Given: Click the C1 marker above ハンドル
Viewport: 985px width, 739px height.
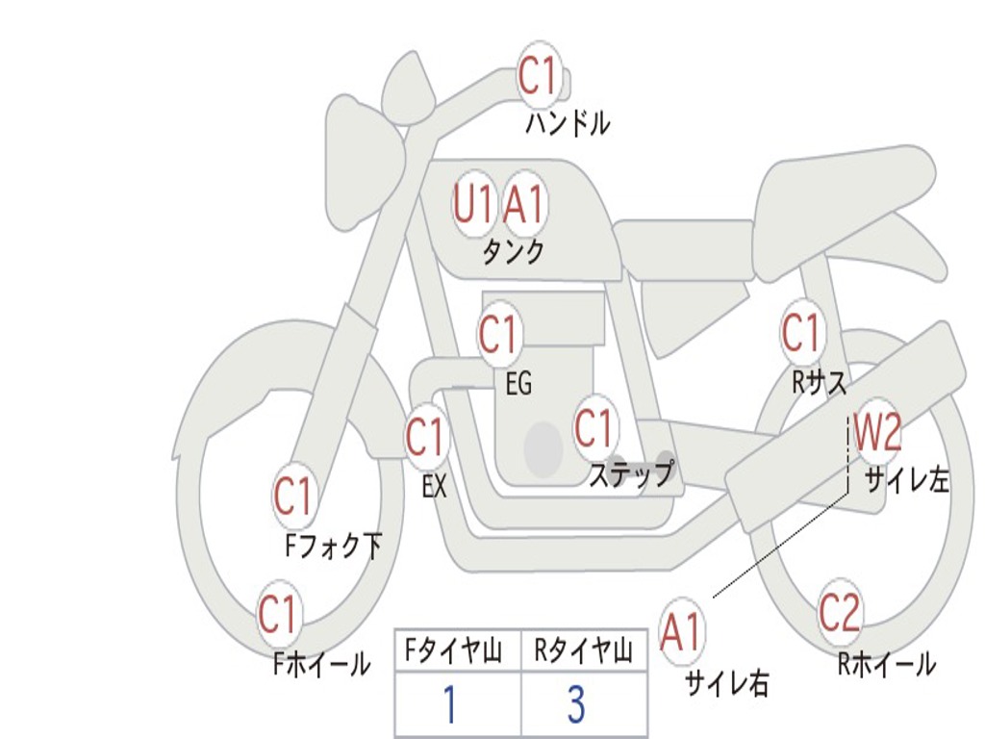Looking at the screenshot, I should pos(539,76).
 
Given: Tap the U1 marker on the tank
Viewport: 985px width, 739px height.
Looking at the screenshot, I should pos(473,205).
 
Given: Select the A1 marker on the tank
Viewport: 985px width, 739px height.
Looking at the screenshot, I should pos(524,205).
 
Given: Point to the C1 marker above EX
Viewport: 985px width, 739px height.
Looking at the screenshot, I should pos(425,438).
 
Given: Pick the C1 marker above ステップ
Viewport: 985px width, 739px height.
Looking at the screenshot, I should pos(594,428).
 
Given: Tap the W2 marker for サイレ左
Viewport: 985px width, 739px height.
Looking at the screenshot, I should pos(877,434).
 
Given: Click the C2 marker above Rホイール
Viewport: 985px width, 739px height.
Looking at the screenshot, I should pos(840,613).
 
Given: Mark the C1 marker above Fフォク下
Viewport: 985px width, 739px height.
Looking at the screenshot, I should pos(293,497).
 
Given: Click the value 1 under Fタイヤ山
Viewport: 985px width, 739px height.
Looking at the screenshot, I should pos(449,705).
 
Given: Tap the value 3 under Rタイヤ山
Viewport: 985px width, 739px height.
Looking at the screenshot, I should pos(576,705).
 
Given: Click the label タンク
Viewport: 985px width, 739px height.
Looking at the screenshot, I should pos(513,252).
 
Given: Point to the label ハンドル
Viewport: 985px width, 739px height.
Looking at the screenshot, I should pos(568,123).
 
